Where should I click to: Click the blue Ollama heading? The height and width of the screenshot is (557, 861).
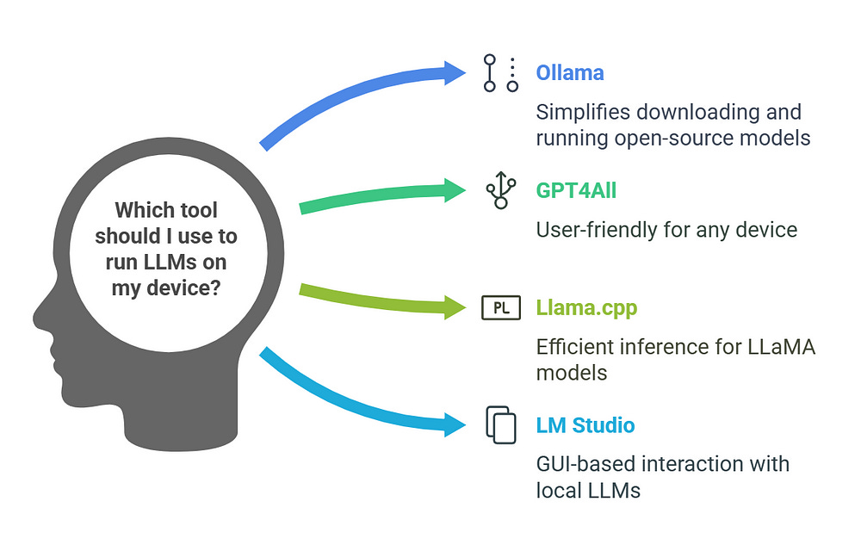coord(569,72)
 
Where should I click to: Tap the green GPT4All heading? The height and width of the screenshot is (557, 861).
coord(576,190)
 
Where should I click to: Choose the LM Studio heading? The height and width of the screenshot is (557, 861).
coord(585,424)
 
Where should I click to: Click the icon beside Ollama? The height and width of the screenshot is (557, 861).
coord(501,73)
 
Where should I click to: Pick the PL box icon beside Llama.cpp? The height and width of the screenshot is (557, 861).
coord(501,307)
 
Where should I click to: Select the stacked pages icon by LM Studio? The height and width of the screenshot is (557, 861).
coord(501,424)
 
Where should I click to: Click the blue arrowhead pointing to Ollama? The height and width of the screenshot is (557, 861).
coord(456,73)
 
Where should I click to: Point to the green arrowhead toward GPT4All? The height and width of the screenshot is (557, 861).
coord(456,190)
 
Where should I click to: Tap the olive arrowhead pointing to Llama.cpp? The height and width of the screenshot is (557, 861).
coord(456,307)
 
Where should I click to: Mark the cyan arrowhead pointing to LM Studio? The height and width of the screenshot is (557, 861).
coord(456,424)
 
